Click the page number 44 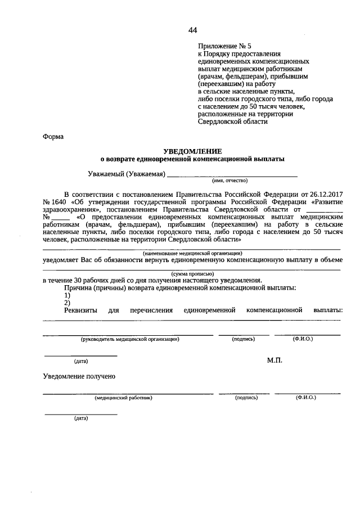(x=193, y=30)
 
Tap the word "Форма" (x=53, y=137)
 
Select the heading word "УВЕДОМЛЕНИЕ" (x=192, y=151)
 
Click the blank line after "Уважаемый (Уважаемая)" (x=233, y=174)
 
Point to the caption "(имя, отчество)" (x=229, y=181)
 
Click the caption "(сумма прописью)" (x=192, y=273)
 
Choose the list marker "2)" (x=67, y=303)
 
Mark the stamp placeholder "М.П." (x=274, y=360)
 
